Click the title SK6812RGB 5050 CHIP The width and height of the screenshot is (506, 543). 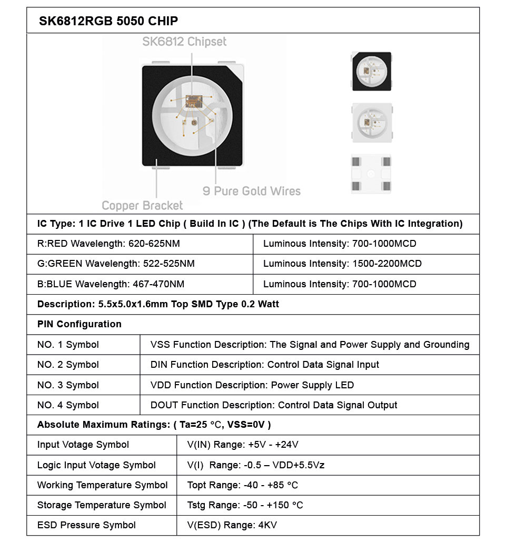[108, 21]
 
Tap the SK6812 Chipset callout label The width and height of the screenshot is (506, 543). [184, 42]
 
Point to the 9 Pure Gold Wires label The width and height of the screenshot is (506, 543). [252, 191]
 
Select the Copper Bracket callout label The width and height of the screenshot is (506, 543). [142, 205]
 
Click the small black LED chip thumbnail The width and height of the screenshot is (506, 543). [372, 71]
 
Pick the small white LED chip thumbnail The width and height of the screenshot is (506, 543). [372, 123]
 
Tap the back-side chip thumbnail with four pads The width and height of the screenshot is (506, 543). [372, 174]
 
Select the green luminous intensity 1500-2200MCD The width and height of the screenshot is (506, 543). [385, 264]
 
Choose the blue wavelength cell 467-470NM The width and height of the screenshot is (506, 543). [156, 284]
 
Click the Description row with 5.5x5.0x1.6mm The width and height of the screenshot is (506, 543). [158, 304]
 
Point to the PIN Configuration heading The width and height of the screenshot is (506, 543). [80, 324]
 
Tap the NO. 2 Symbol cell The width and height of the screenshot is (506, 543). [68, 365]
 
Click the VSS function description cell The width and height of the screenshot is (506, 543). [310, 345]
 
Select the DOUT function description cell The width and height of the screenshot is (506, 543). [274, 405]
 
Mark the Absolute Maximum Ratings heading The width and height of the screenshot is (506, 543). [154, 425]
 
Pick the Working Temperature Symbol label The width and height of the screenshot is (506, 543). [102, 485]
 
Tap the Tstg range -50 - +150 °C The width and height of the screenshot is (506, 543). [245, 505]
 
